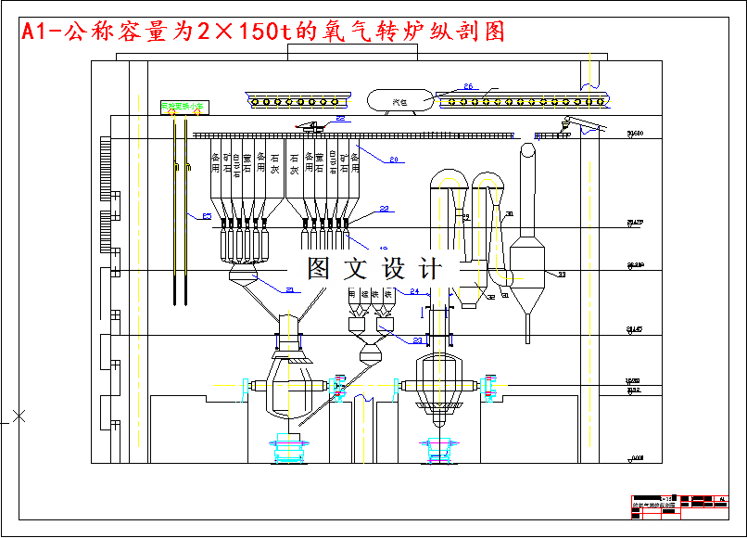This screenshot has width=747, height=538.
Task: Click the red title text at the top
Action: coord(264,32)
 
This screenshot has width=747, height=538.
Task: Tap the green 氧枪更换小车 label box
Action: coord(183,107)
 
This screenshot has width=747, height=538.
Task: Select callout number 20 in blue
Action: coord(393,160)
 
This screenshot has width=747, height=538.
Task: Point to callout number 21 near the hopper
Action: coord(290,290)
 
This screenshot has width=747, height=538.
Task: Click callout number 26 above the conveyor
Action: coord(468,86)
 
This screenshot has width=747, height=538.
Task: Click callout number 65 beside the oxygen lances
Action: coord(207,216)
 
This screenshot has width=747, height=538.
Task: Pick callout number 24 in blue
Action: coord(414,291)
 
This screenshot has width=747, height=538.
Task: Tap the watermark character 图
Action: coord(320,269)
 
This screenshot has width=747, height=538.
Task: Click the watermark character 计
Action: coord(430,269)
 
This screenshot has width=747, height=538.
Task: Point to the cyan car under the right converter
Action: coord(437,448)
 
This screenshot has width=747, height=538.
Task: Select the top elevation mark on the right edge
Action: coord(635,135)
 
